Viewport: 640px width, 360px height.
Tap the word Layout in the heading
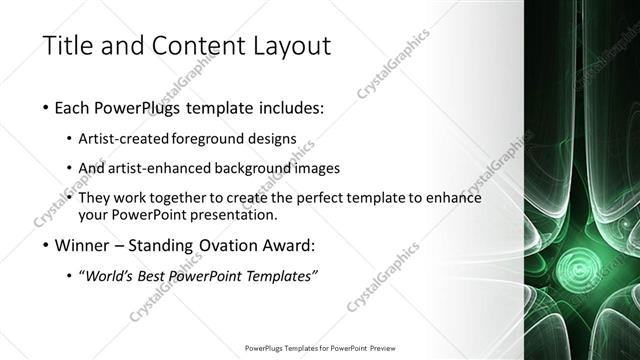pos(287,47)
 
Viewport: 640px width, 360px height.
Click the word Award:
pos(291,245)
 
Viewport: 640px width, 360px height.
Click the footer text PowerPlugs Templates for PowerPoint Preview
pos(320,349)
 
